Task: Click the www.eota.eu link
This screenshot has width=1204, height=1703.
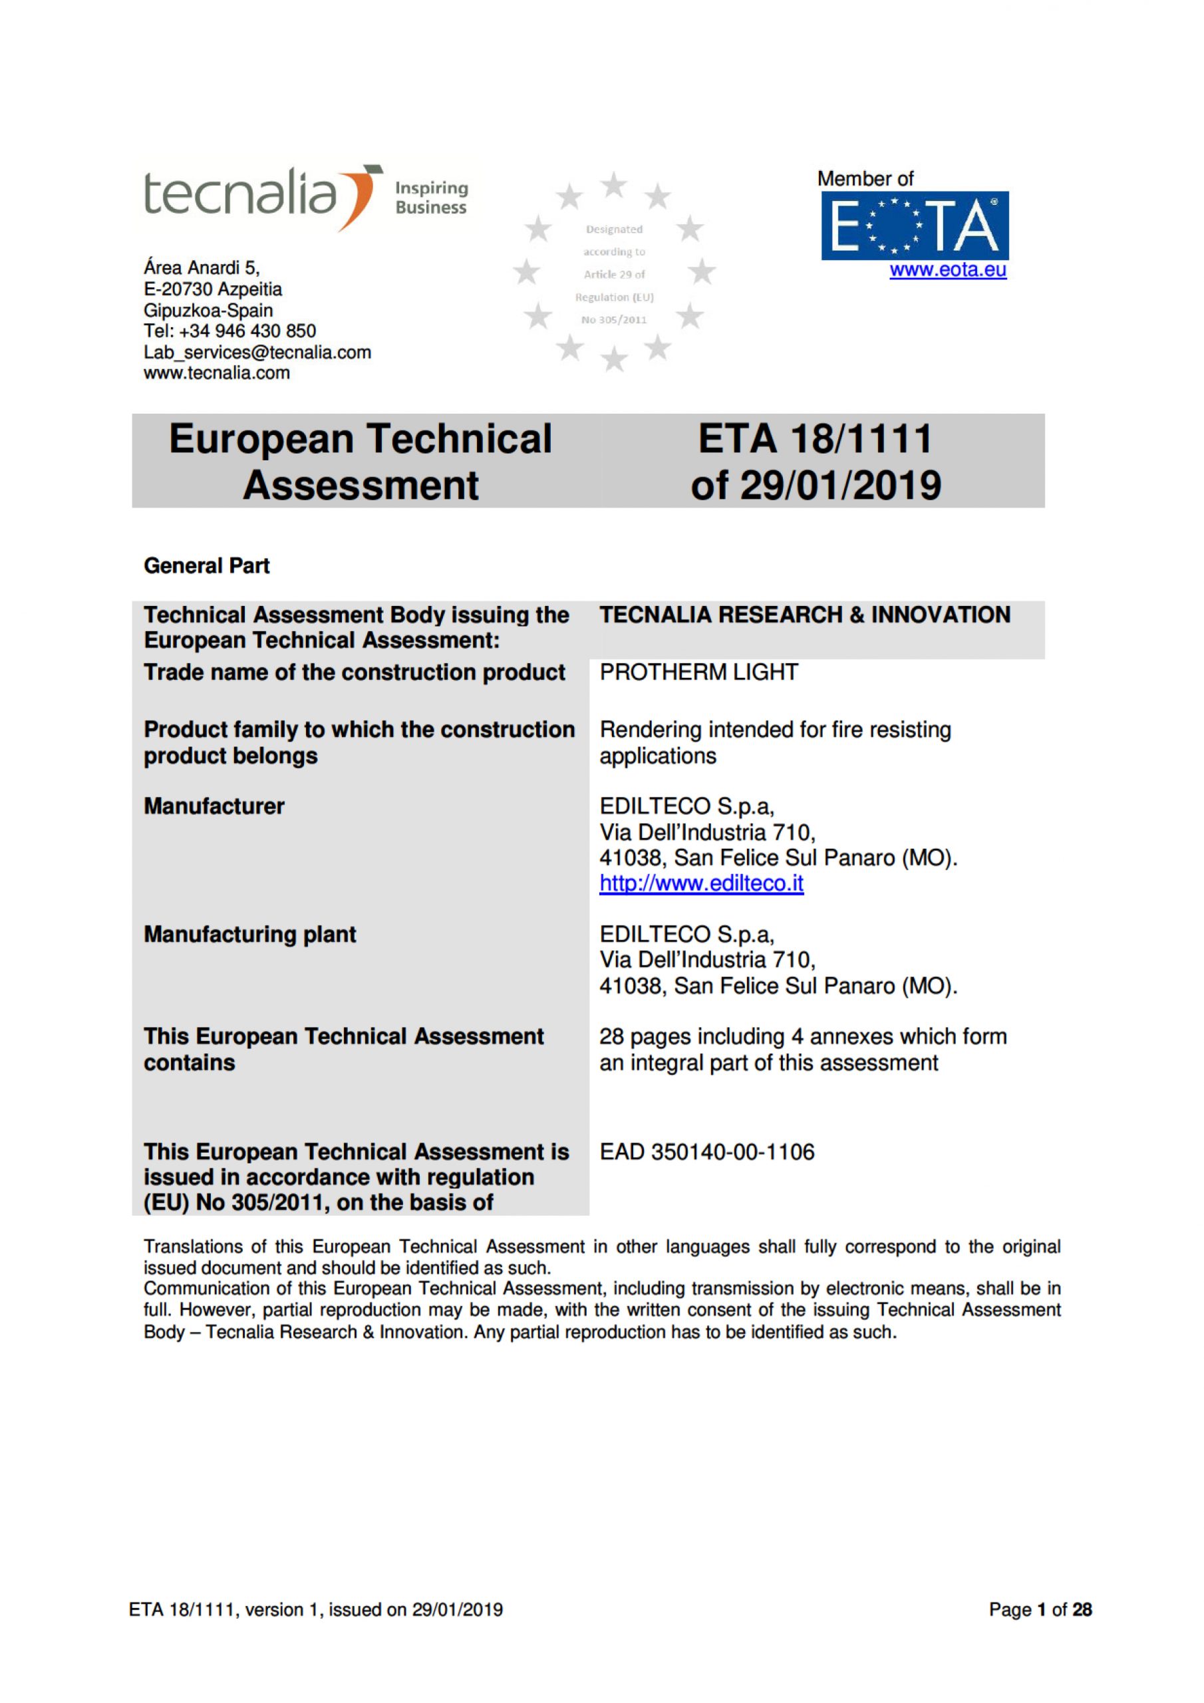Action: point(947,270)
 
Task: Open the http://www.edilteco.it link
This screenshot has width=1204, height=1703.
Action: point(701,883)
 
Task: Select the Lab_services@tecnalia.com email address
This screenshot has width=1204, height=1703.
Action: point(257,353)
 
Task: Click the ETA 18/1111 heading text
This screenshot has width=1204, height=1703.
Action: point(815,438)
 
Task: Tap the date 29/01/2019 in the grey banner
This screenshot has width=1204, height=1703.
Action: point(841,486)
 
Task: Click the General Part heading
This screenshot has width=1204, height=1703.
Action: point(206,566)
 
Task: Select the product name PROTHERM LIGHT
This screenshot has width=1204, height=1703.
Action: point(698,672)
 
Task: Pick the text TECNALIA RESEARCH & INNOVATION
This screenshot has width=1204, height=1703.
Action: point(804,615)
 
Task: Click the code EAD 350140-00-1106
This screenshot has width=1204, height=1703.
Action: point(706,1152)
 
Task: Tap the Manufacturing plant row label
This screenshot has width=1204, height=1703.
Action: point(250,934)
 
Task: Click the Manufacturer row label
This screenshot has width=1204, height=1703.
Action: point(214,806)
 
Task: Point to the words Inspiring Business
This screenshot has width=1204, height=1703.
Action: point(431,198)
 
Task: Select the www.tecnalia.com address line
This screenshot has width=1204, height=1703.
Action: point(217,373)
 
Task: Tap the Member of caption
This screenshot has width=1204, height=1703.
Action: point(865,179)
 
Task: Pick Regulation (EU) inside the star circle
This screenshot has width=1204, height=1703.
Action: point(614,297)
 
